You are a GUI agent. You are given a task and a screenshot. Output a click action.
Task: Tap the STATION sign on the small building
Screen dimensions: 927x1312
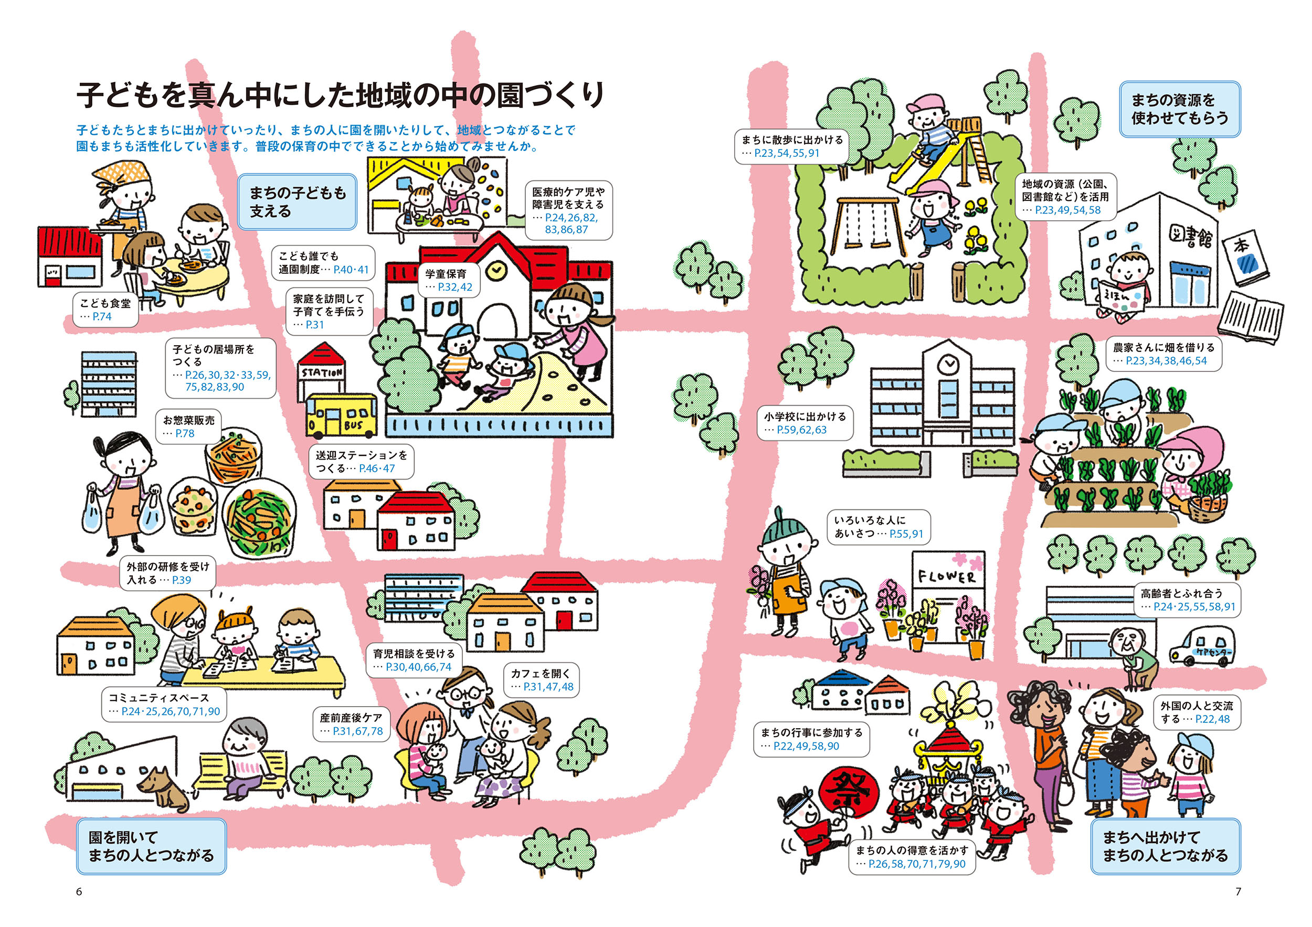tap(322, 372)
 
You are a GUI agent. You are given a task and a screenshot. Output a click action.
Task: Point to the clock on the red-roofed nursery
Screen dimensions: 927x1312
tap(495, 269)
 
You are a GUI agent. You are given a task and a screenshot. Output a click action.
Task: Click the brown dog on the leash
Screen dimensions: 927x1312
tap(165, 786)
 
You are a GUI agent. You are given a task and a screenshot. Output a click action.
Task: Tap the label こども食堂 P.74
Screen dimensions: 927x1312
tap(105, 310)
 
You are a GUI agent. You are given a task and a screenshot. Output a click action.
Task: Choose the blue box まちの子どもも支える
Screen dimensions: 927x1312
tap(297, 202)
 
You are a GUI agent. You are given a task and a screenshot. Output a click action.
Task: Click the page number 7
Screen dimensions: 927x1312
tap(1237, 891)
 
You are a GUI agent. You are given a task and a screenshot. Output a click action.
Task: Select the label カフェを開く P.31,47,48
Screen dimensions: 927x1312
tap(541, 680)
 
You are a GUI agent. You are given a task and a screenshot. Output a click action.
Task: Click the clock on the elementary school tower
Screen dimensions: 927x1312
tap(948, 363)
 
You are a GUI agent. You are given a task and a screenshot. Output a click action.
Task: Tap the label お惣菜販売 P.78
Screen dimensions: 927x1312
tap(188, 427)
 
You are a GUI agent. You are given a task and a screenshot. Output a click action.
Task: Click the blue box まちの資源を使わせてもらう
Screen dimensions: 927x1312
tap(1179, 109)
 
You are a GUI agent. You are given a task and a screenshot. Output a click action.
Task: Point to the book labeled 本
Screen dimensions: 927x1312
tap(1246, 257)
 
